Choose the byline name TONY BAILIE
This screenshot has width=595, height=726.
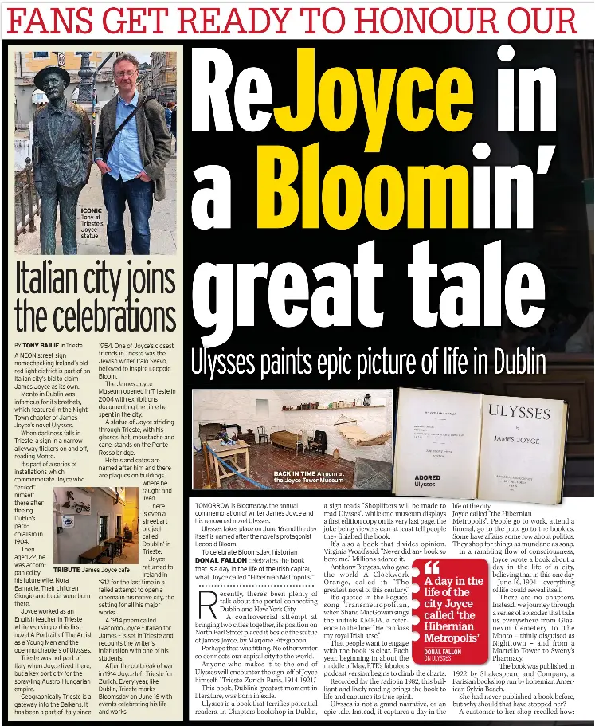coord(41,344)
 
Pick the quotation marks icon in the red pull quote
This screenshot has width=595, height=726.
coord(433,567)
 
